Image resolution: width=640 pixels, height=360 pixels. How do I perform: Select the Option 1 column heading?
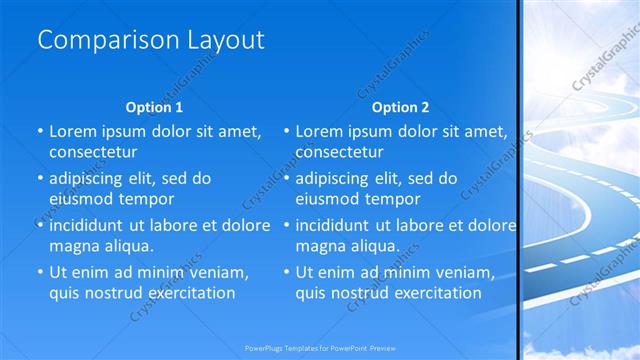[x=154, y=107]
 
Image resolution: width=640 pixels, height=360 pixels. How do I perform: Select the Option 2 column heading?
[x=400, y=107]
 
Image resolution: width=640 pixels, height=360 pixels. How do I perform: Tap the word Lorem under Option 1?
[x=72, y=131]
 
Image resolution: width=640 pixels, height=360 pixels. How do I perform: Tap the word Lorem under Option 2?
[x=318, y=131]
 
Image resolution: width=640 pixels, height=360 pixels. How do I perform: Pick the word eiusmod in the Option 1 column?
[x=80, y=198]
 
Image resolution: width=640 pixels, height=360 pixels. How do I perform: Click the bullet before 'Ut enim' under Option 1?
[x=39, y=272]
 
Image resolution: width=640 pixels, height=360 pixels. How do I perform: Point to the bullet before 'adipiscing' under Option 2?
[x=286, y=178]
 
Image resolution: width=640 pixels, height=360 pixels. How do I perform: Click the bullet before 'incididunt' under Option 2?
[x=286, y=225]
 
